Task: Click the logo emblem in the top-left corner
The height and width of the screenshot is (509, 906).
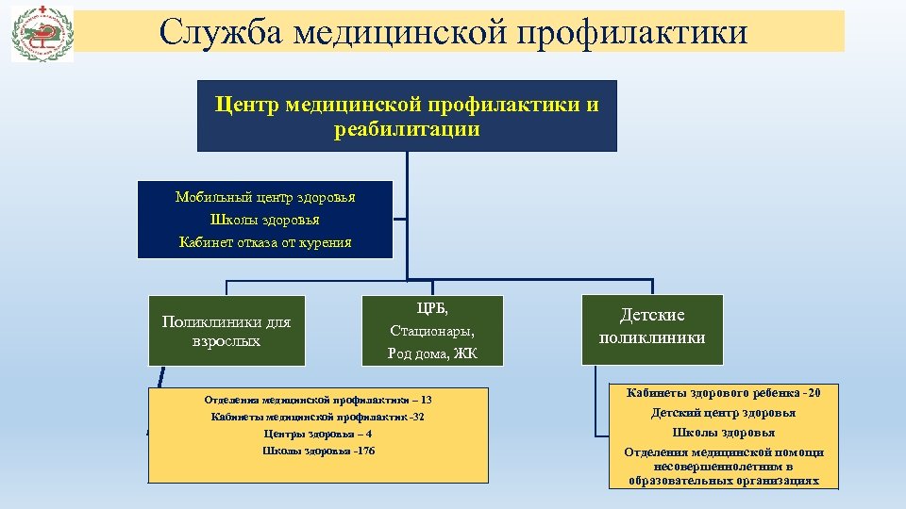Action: pyautogui.click(x=41, y=33)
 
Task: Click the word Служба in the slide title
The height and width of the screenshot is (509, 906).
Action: pyautogui.click(x=220, y=32)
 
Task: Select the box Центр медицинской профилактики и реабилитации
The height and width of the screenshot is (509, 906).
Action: pyautogui.click(x=407, y=116)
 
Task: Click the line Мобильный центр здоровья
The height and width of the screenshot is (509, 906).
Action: pyautogui.click(x=265, y=197)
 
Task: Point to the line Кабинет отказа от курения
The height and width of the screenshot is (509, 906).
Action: pyautogui.click(x=265, y=242)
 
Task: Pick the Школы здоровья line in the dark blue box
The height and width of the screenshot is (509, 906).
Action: pyautogui.click(x=265, y=220)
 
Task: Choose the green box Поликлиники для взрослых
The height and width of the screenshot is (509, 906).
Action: pyautogui.click(x=226, y=331)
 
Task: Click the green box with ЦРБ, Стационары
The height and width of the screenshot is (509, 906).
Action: pyautogui.click(x=432, y=331)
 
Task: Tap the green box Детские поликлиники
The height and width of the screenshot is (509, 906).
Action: pyautogui.click(x=652, y=326)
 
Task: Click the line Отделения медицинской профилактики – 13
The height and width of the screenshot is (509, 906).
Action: pyautogui.click(x=318, y=400)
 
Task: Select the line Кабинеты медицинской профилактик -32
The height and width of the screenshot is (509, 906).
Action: pyautogui.click(x=318, y=417)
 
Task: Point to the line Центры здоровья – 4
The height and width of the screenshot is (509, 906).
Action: pyautogui.click(x=318, y=434)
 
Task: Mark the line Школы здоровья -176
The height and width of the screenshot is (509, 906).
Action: pyautogui.click(x=318, y=451)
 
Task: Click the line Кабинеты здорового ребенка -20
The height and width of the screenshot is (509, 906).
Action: pyautogui.click(x=724, y=392)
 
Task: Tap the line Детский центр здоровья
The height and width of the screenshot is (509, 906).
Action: pyautogui.click(x=724, y=413)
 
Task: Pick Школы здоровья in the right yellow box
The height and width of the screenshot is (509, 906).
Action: pyautogui.click(x=724, y=433)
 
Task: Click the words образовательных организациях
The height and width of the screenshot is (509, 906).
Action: pyautogui.click(x=724, y=481)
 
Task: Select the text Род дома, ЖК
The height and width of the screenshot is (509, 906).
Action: pyautogui.click(x=432, y=353)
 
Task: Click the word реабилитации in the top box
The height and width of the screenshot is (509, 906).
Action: pyautogui.click(x=407, y=129)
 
